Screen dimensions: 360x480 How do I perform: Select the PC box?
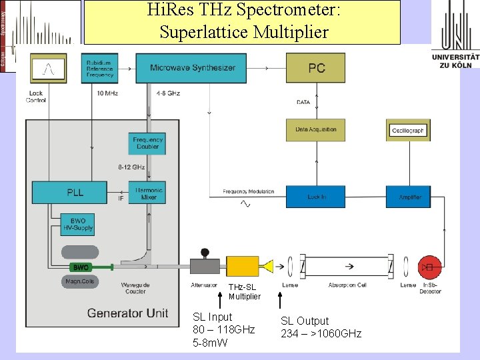[316, 68]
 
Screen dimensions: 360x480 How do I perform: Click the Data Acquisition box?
[316, 129]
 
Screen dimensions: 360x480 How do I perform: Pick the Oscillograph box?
[408, 131]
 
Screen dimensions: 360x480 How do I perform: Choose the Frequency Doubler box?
[147, 144]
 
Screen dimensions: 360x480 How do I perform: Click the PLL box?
[69, 193]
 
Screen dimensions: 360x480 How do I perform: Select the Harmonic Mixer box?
[147, 193]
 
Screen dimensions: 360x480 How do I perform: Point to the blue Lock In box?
[316, 197]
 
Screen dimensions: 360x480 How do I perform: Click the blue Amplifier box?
[408, 197]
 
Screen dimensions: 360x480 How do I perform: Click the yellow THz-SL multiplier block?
[243, 267]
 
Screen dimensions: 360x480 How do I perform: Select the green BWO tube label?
[81, 267]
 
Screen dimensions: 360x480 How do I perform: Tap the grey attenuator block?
[205, 267]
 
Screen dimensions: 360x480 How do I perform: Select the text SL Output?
[305, 321]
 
